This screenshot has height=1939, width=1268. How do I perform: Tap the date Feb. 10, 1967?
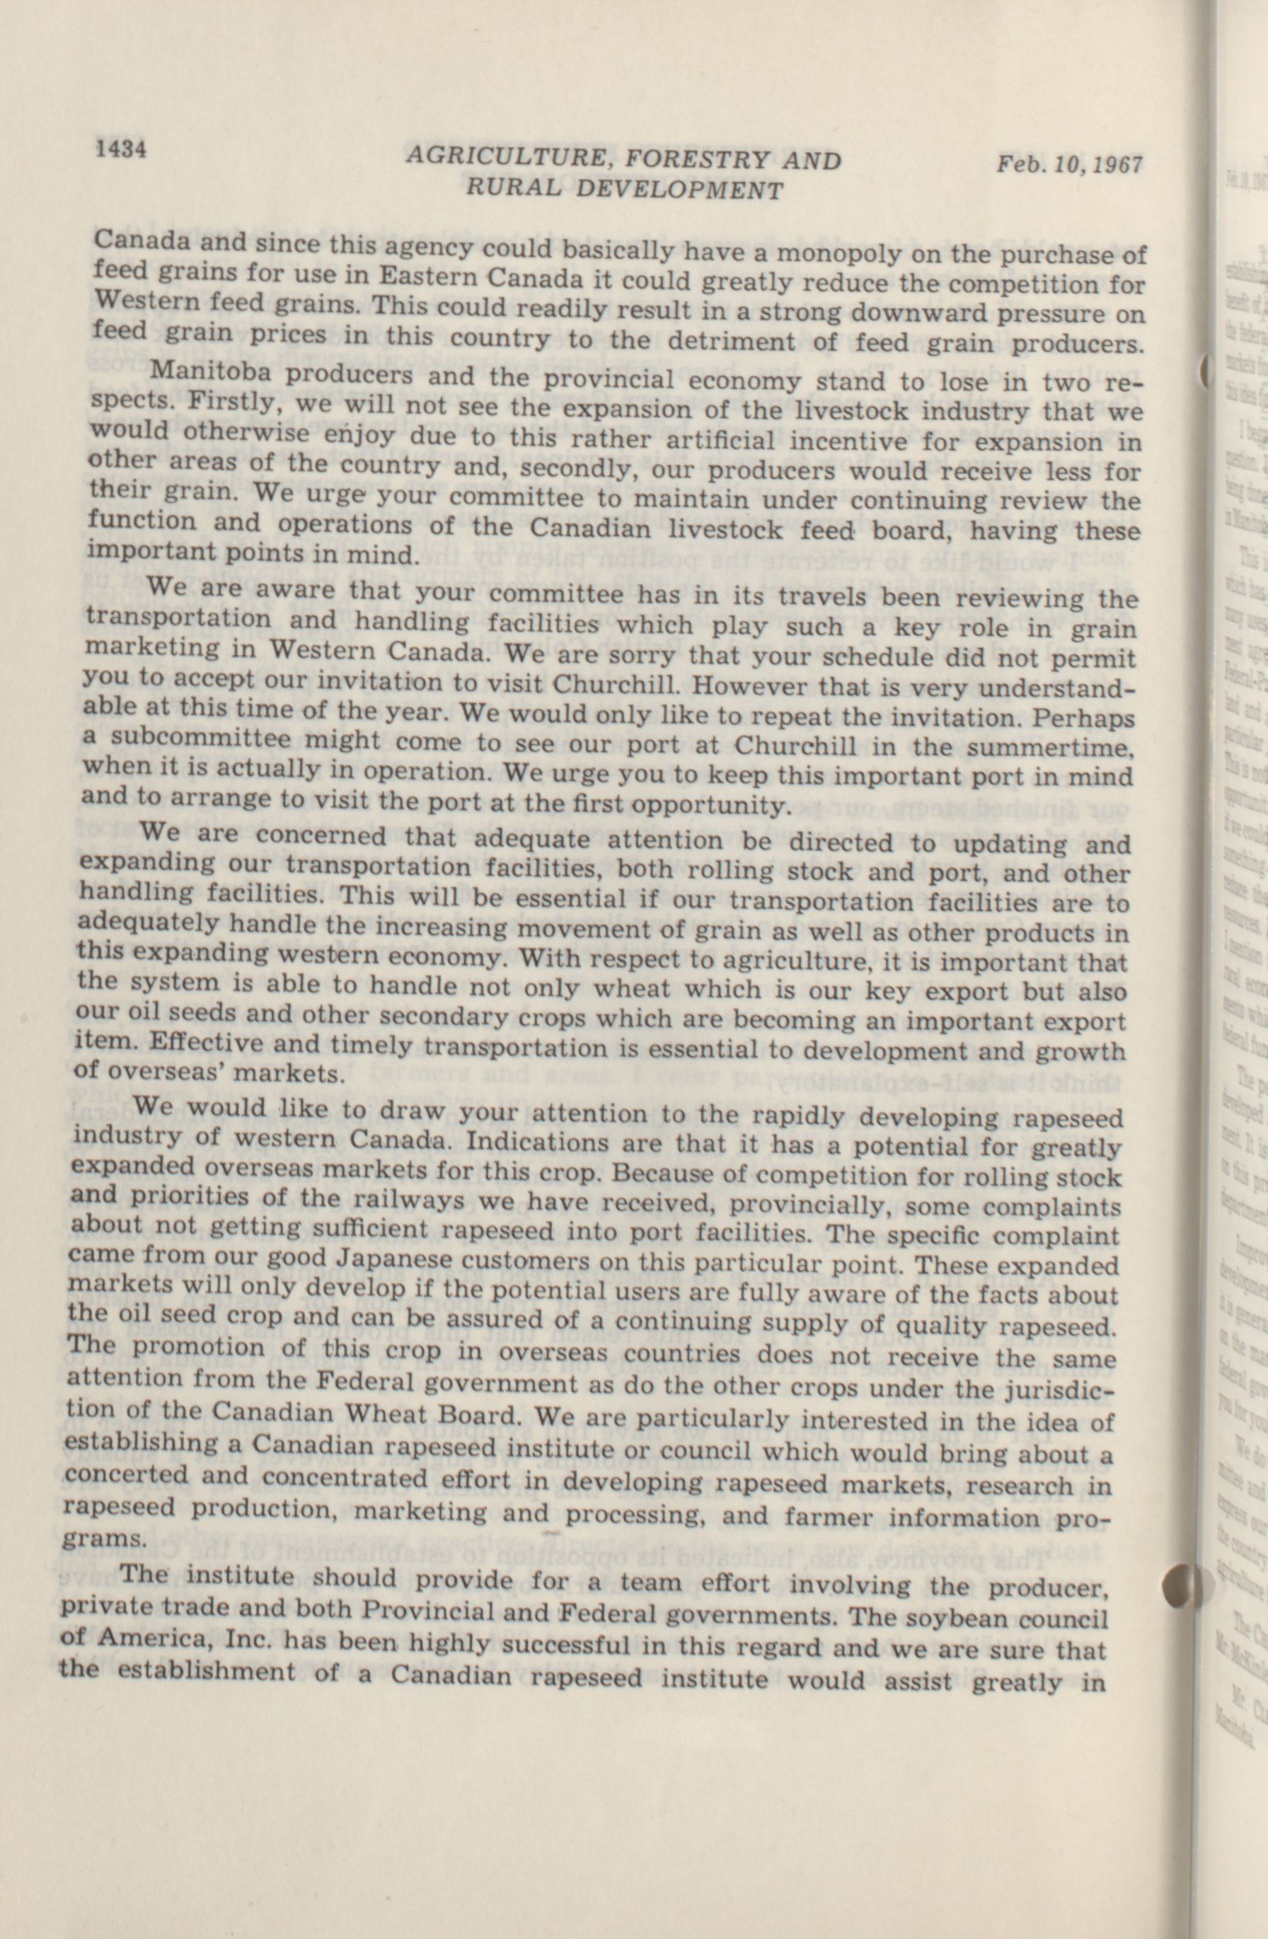1069,165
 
